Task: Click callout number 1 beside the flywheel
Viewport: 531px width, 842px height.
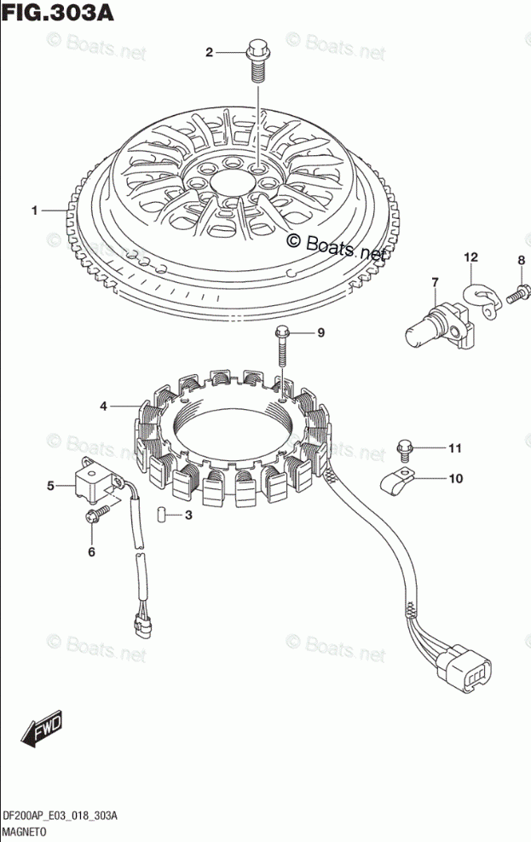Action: tap(34, 210)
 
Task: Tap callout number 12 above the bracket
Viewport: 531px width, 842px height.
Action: tap(470, 257)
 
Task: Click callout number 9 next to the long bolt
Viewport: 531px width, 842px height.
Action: tap(320, 332)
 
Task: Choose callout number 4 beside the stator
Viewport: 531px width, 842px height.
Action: tap(103, 407)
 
